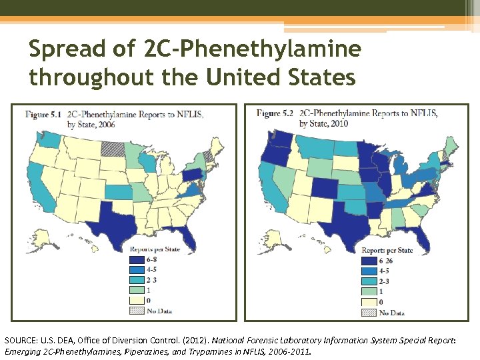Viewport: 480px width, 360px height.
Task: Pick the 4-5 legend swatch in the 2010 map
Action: pyautogui.click(x=369, y=271)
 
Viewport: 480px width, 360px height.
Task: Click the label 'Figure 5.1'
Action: pyautogui.click(x=43, y=115)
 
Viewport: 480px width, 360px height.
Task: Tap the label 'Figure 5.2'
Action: pyautogui.click(x=275, y=113)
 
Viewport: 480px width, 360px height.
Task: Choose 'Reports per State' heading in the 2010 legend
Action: pyautogui.click(x=387, y=251)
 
